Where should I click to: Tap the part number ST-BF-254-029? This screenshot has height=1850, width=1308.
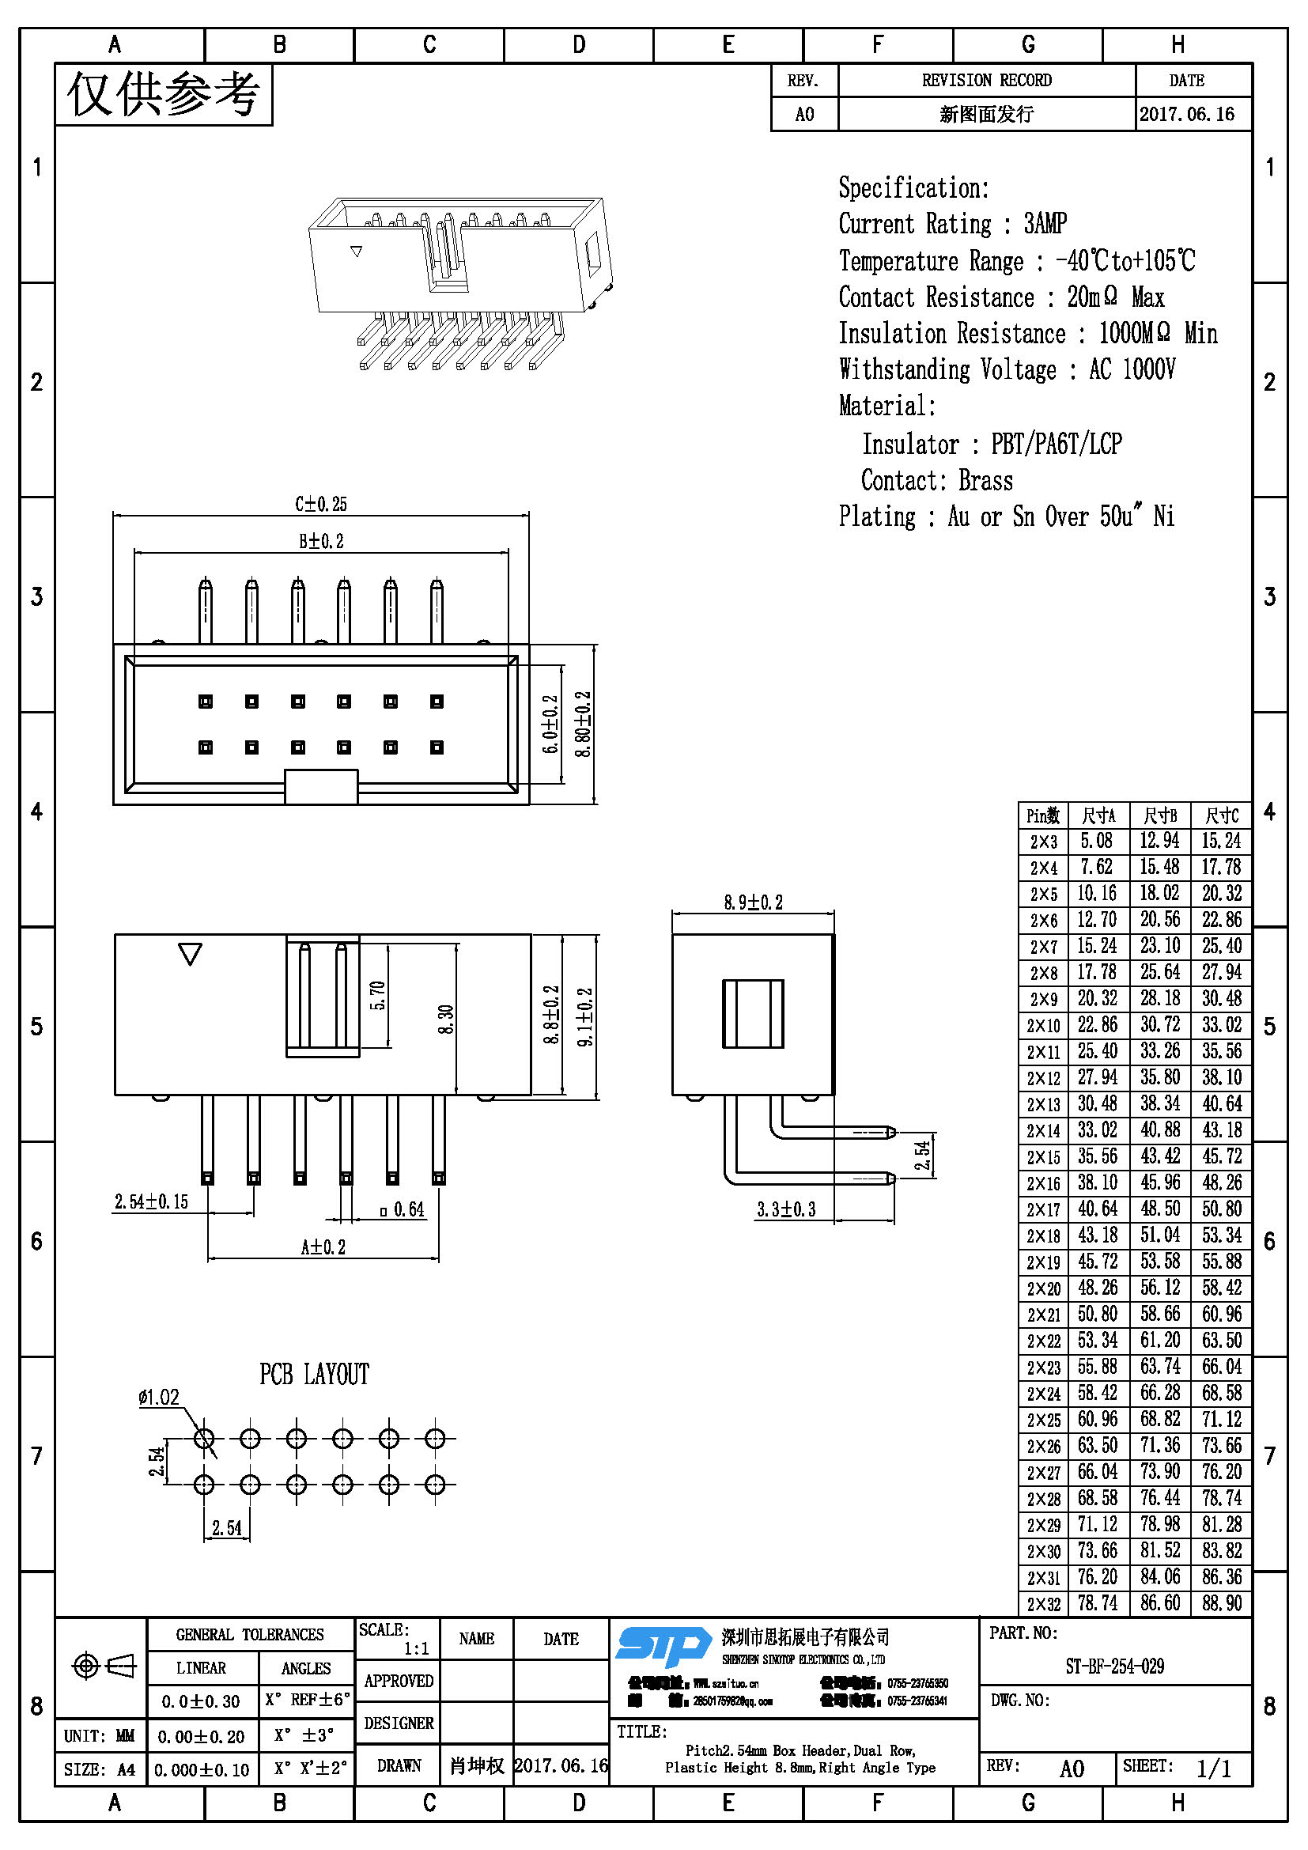tap(1114, 1667)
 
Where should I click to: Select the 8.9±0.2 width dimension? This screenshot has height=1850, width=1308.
tap(752, 902)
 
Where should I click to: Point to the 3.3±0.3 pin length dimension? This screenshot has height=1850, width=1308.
tap(785, 1209)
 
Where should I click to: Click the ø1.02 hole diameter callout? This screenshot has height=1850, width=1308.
tap(159, 1397)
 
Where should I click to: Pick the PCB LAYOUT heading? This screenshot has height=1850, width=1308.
tap(314, 1375)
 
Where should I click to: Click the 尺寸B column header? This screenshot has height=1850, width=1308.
tap(1160, 815)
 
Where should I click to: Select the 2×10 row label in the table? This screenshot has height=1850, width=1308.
tap(1043, 1026)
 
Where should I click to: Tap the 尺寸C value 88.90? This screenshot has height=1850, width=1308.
tap(1222, 1603)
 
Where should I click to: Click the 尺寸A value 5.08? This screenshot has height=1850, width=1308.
tap(1096, 842)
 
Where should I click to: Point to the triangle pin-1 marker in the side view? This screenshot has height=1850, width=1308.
tap(190, 954)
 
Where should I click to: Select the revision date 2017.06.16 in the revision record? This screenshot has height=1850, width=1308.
tap(1186, 115)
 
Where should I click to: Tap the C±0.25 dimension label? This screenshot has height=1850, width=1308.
tap(320, 505)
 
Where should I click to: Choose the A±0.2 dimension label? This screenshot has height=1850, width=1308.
tap(323, 1247)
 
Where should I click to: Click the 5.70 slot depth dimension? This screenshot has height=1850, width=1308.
tap(378, 995)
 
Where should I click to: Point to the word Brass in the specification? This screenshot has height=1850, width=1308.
tap(985, 481)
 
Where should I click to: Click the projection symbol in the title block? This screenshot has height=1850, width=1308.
tap(104, 1666)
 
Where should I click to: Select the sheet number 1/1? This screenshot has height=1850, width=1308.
tap(1214, 1768)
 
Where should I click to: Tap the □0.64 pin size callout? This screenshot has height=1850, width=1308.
tap(402, 1209)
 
